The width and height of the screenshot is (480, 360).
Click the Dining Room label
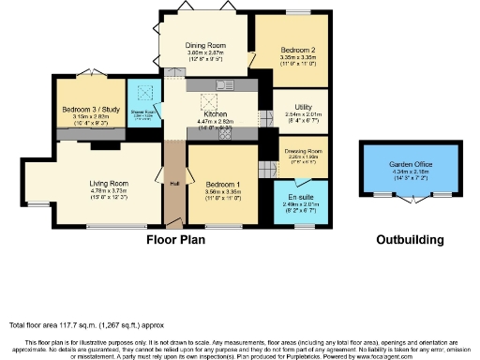(x=207, y=44)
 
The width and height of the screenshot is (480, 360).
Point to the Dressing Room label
(x=298, y=150)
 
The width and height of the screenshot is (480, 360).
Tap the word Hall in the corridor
(x=174, y=183)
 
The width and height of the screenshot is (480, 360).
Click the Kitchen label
(x=217, y=113)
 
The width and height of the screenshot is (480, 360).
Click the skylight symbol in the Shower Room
(x=144, y=94)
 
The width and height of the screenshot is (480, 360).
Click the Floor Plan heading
(x=175, y=240)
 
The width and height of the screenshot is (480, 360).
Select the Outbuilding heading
(x=410, y=240)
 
